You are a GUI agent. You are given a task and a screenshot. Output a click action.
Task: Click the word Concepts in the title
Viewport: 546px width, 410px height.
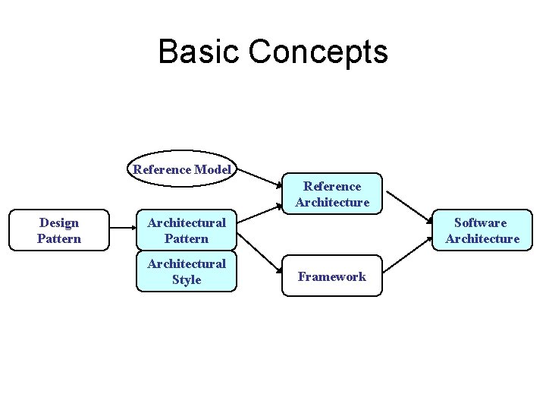click(318, 52)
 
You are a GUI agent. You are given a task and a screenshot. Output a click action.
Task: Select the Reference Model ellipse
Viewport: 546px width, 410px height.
click(182, 169)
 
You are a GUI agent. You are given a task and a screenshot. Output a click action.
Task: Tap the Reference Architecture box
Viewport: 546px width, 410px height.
click(332, 194)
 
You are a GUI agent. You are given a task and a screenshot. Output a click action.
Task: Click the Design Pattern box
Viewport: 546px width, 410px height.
click(59, 231)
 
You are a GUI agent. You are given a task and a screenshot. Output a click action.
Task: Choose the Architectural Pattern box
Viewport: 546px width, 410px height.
click(187, 231)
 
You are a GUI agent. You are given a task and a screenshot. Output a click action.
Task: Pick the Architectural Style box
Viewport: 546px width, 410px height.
click(187, 272)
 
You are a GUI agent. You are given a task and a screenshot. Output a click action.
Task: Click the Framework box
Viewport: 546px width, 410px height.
click(332, 276)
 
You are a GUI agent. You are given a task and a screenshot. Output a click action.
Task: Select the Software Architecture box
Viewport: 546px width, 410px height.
click(482, 231)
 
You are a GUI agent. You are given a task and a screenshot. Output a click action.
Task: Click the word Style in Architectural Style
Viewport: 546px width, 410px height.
click(187, 280)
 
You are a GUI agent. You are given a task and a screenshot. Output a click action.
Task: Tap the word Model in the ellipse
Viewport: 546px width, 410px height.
click(212, 169)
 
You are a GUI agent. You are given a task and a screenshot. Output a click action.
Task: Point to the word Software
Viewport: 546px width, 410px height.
click(481, 222)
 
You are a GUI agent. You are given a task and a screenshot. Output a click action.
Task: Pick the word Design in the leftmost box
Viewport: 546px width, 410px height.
click(59, 222)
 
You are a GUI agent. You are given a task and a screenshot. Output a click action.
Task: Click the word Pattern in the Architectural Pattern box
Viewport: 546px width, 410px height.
click(187, 239)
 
